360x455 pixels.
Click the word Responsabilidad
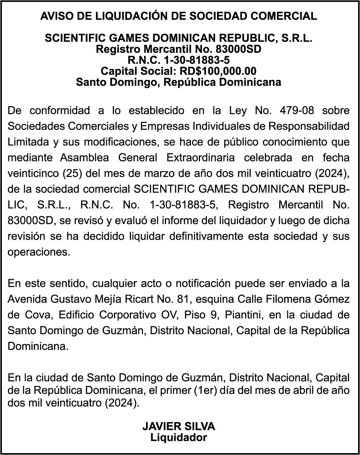pos(308,126)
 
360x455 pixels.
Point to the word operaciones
pos(39,252)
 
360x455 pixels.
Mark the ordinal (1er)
pos(206,390)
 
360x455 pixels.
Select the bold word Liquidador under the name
pos(178,438)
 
